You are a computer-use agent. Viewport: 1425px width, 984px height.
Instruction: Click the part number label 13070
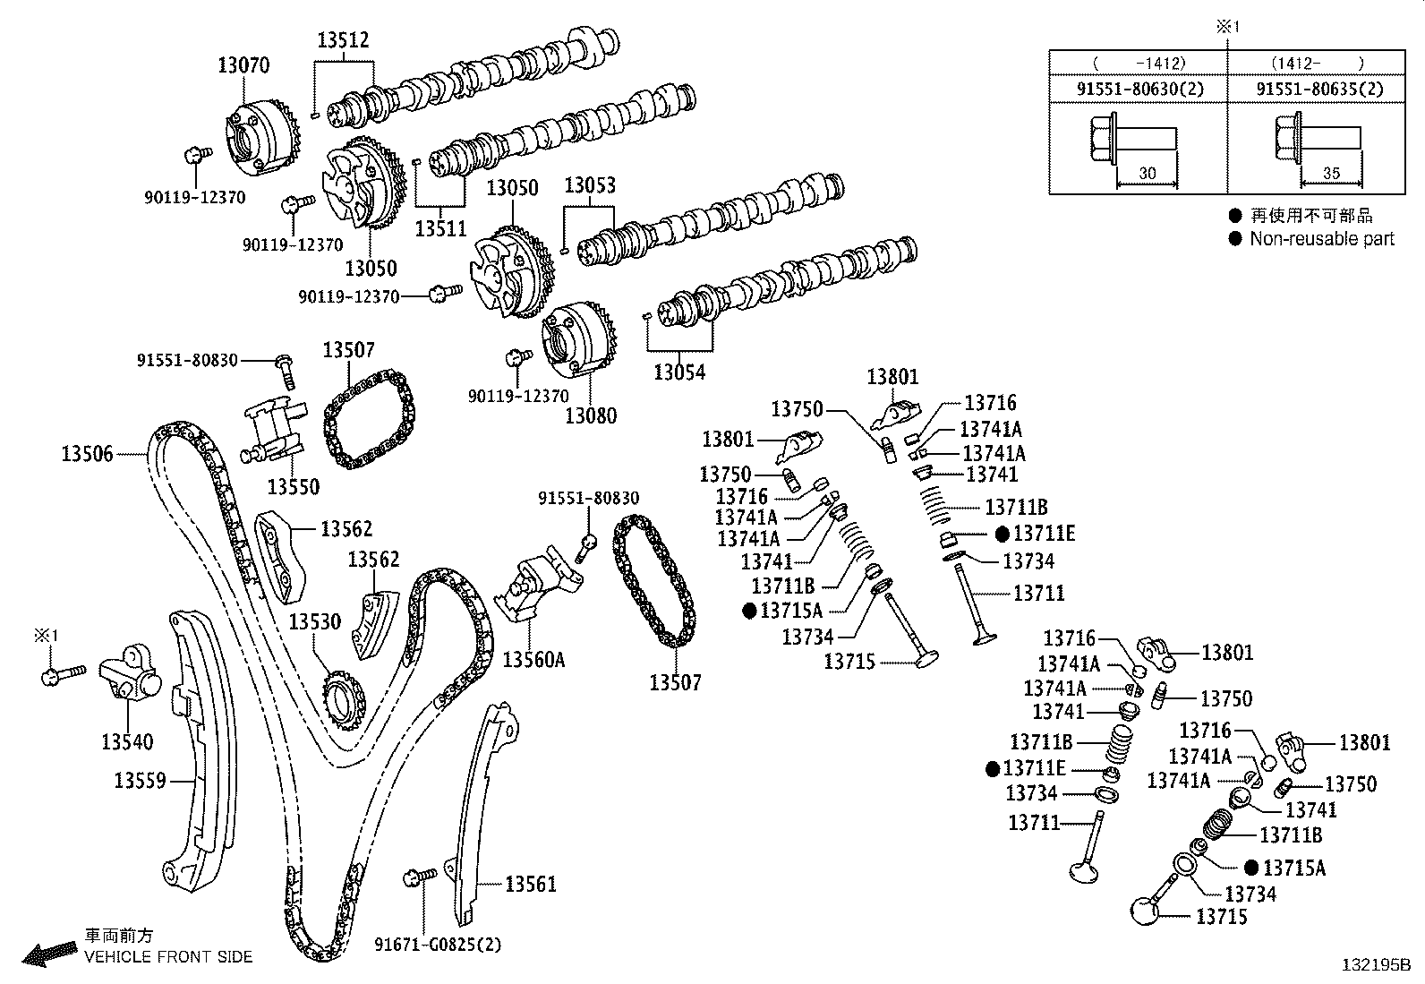pyautogui.click(x=243, y=64)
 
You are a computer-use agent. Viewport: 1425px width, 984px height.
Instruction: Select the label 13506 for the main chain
pyautogui.click(x=87, y=454)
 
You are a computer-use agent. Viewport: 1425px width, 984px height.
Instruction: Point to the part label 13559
pyautogui.click(x=140, y=781)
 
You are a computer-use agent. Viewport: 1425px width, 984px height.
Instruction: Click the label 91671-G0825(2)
pyautogui.click(x=438, y=944)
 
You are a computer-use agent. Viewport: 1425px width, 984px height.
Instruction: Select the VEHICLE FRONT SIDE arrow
pyautogui.click(x=49, y=954)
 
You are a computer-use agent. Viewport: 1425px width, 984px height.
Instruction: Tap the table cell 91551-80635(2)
pyautogui.click(x=1319, y=89)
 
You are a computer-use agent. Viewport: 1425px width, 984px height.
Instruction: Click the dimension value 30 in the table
pyautogui.click(x=1148, y=174)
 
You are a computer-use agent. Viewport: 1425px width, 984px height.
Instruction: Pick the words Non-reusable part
pyautogui.click(x=1321, y=238)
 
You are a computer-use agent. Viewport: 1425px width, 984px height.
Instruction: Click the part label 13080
pyautogui.click(x=591, y=415)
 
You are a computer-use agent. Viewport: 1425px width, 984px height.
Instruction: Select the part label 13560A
pyautogui.click(x=533, y=660)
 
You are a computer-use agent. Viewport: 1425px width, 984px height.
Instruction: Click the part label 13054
pyautogui.click(x=680, y=372)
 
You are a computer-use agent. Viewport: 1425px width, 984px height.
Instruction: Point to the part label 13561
pyautogui.click(x=530, y=885)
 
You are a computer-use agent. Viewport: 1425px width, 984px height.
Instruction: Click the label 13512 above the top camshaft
pyautogui.click(x=343, y=40)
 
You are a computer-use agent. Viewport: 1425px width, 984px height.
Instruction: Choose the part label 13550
pyautogui.click(x=294, y=487)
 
